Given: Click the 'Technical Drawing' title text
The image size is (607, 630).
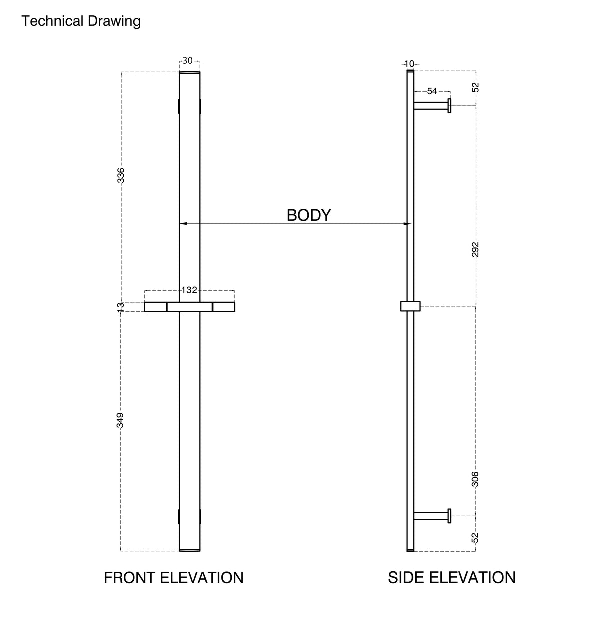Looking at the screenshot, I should [81, 21].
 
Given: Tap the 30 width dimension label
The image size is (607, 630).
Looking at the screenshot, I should [188, 61].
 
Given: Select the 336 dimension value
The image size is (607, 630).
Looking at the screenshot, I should [121, 175].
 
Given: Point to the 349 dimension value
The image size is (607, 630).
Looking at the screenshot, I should [120, 420].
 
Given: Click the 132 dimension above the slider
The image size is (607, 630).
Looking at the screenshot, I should [189, 290].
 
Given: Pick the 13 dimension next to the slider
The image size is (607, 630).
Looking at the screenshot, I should [120, 307].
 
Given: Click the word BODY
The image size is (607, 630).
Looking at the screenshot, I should [308, 215].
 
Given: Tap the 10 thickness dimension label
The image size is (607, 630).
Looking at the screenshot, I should [409, 64].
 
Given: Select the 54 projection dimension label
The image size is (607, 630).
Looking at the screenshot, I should [432, 91].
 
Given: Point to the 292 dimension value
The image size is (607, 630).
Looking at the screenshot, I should [475, 249].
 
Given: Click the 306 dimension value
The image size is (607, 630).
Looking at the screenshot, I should [475, 479].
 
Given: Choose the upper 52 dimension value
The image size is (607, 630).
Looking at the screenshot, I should [475, 87].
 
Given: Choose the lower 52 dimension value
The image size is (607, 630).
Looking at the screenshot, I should [475, 538].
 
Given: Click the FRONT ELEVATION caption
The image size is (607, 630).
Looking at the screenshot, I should [173, 578].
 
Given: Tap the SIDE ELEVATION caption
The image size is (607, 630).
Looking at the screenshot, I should [452, 578].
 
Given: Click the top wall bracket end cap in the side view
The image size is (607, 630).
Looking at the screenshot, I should [449, 106].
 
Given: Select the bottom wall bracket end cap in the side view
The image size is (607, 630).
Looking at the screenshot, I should [449, 516].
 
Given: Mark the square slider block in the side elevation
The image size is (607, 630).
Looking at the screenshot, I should [410, 306].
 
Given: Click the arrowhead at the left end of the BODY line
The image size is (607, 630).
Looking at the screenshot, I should [183, 224].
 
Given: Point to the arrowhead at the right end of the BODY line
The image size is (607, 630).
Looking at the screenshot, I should [407, 224].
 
